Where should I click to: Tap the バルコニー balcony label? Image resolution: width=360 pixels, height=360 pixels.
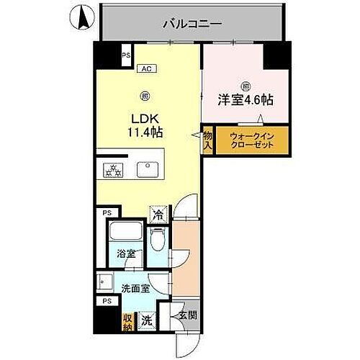point(192,23)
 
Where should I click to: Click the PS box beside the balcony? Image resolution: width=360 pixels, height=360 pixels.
point(126,55)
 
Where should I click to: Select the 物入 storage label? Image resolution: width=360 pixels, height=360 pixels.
point(207,140)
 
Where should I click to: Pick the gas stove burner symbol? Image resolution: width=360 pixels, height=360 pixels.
point(113,171)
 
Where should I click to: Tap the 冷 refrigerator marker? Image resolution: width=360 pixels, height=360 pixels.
point(157,214)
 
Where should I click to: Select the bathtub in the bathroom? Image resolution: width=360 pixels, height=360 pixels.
point(125,233)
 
